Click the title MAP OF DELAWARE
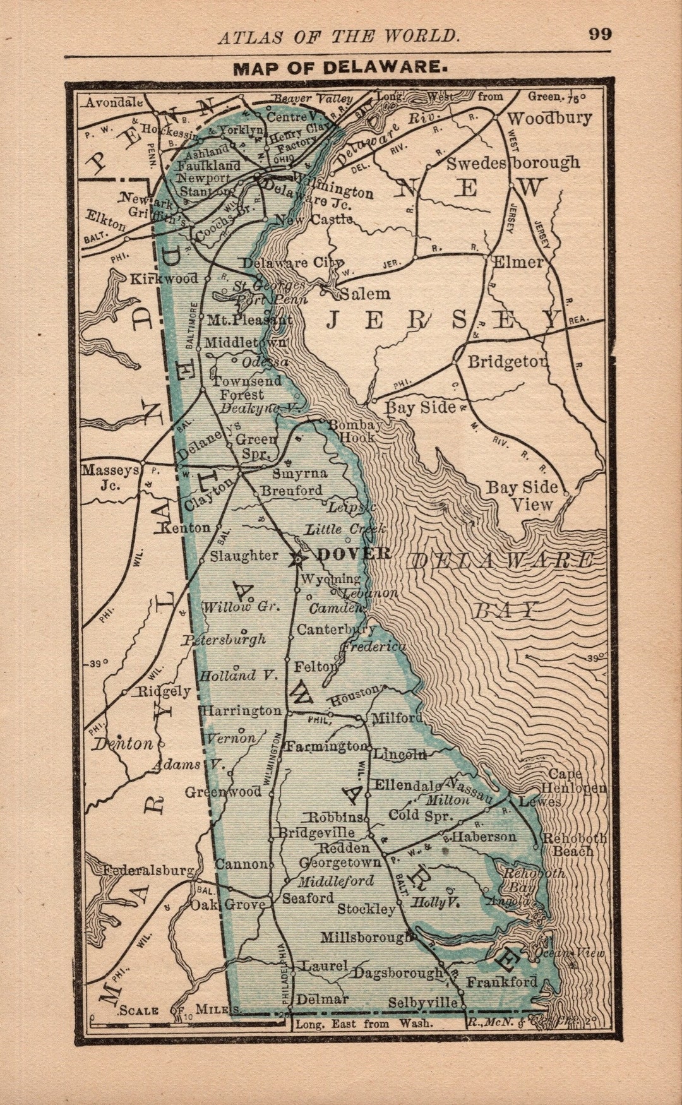[x=340, y=68]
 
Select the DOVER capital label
[x=353, y=554]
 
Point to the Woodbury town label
[x=549, y=118]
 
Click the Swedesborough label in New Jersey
[x=513, y=163]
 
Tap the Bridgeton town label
[x=507, y=362]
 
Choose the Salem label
[x=364, y=294]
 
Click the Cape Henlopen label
[x=573, y=781]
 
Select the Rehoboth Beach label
[x=574, y=845]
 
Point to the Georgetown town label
[x=340, y=862]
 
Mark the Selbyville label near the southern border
[x=422, y=1003]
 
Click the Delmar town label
[x=322, y=999]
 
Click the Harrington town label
[x=241, y=710]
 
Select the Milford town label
[x=397, y=718]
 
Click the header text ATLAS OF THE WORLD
[x=339, y=36]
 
